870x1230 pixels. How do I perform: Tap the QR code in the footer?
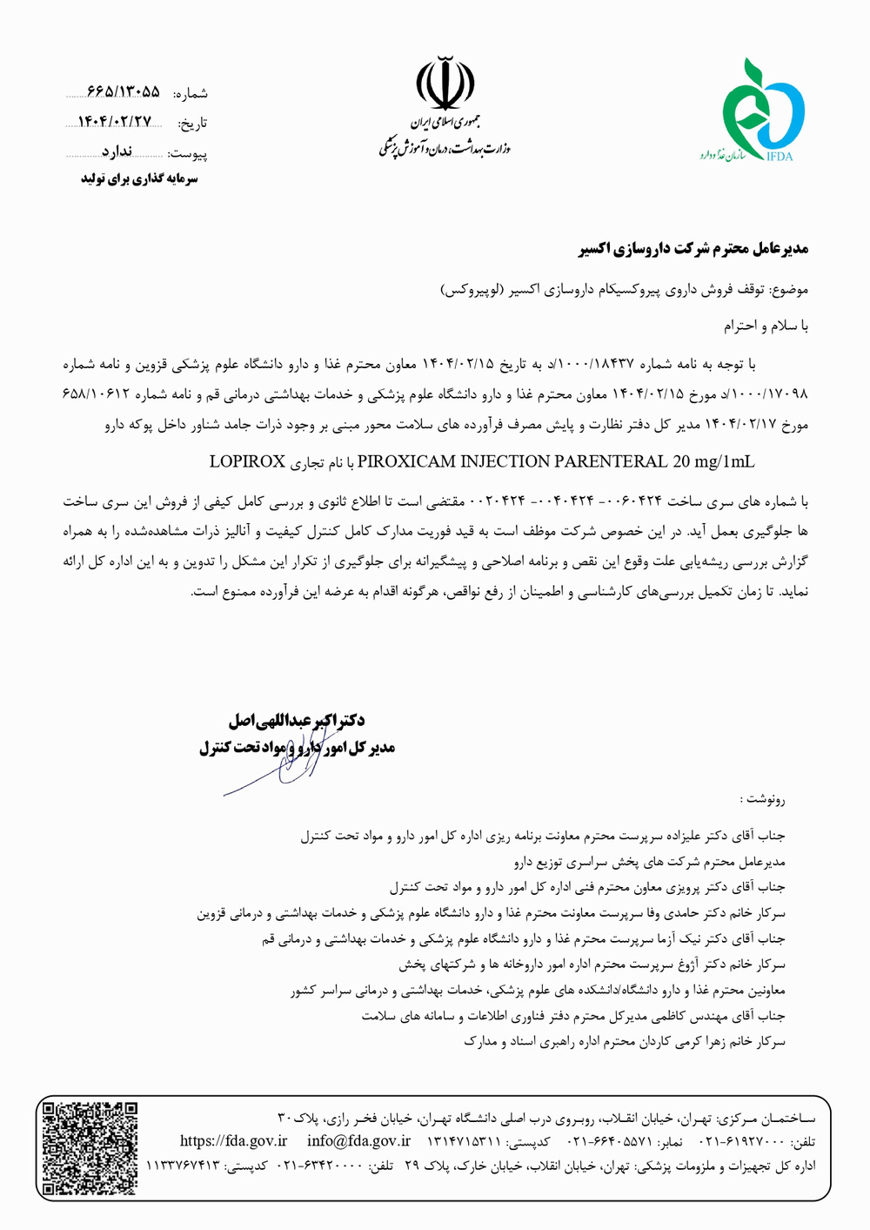(90, 1147)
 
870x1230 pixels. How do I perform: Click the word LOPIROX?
(247, 461)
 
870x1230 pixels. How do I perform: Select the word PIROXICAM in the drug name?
(401, 461)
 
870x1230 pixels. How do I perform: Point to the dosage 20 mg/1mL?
(713, 461)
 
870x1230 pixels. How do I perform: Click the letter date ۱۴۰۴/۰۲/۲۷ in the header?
(115, 122)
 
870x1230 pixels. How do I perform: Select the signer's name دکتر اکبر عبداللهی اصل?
(296, 721)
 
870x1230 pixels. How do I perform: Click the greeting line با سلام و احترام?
(766, 326)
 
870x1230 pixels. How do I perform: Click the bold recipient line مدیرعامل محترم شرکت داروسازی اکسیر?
(693, 249)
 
